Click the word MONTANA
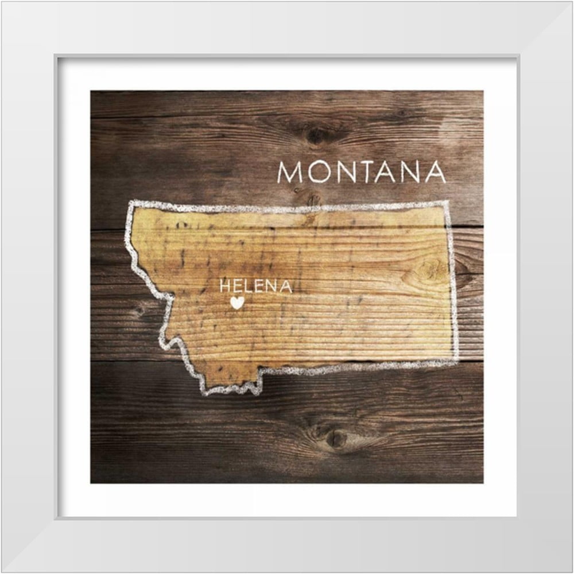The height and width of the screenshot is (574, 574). click(362, 172)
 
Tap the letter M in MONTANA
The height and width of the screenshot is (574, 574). click(292, 172)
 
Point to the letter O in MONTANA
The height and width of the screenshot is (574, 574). click(320, 172)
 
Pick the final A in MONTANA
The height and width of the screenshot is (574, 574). click(436, 172)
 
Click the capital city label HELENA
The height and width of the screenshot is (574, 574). click(255, 286)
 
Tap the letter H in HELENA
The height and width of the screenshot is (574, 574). click(224, 286)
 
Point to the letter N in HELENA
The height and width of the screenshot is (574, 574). click(272, 286)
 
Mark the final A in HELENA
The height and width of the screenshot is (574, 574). click(286, 286)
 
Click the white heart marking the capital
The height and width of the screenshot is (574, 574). click(237, 302)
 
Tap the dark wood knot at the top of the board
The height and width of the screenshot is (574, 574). click(315, 135)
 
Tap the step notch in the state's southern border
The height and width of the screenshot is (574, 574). click(260, 373)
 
